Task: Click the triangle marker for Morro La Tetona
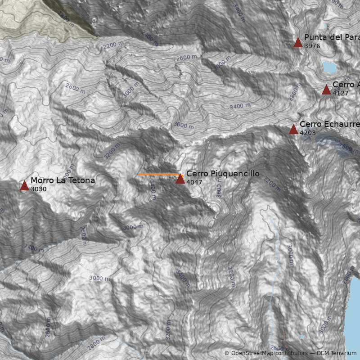[x=24, y=185]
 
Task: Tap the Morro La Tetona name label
[x=63, y=181]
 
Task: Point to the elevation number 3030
[x=39, y=189]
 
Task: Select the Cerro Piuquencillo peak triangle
[x=180, y=179]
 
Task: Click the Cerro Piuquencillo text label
[x=223, y=174]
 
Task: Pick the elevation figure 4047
[x=194, y=183]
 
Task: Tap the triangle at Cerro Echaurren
[x=293, y=130]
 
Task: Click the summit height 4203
[x=307, y=133]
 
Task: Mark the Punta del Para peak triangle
[x=298, y=42]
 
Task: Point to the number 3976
[x=312, y=46]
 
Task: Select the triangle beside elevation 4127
[x=327, y=90]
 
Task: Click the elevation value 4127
[x=341, y=94]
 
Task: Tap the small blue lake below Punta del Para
[x=329, y=67]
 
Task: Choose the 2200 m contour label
[x=112, y=45]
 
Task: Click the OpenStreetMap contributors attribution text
[x=265, y=353]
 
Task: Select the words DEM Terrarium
[x=337, y=353]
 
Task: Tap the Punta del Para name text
[x=332, y=37]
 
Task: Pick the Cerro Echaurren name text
[x=329, y=124]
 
